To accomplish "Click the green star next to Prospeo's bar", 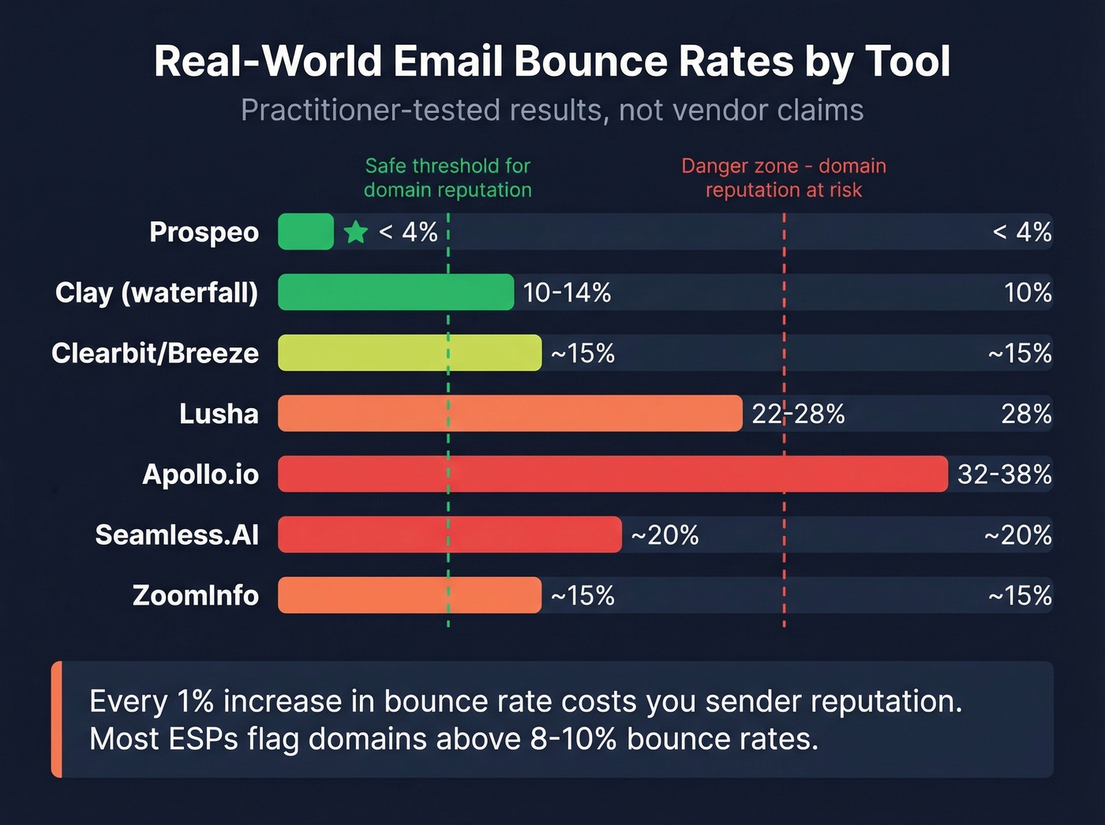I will pos(356,232).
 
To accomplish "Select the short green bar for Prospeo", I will pos(305,232).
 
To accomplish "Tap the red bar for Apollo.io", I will pos(612,474).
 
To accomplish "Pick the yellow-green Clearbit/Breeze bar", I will pos(410,353).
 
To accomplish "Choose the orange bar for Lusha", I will pos(510,414).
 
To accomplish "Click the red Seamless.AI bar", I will pos(450,535).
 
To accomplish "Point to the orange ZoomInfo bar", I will pos(410,595).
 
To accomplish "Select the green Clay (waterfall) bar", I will pos(395,293).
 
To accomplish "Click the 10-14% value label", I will pos(567,293).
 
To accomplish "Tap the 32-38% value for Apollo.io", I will pos(1004,474).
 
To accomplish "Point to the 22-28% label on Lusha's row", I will pos(798,414).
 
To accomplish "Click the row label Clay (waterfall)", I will pos(156,293).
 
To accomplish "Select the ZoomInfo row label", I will pos(195,595).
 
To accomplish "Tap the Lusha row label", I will pos(219,414).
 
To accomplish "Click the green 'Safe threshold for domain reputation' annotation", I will pos(448,178).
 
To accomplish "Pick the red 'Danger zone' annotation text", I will pos(784,178).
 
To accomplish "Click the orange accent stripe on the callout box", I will pos(57,719).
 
